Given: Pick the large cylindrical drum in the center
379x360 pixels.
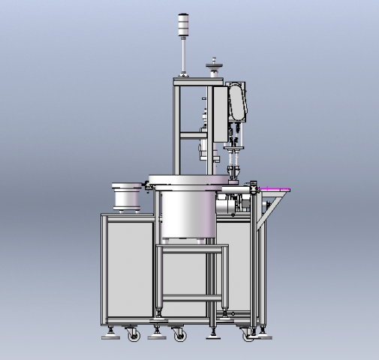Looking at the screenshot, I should tap(185, 214).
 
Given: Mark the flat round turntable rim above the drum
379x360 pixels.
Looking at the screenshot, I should tap(188, 180).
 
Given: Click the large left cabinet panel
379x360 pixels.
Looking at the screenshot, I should tap(127, 262).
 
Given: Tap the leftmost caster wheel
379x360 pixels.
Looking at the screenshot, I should tap(134, 335).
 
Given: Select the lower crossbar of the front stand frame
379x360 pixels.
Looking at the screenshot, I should tap(189, 298).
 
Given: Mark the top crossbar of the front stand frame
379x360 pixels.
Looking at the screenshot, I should tap(189, 247).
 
